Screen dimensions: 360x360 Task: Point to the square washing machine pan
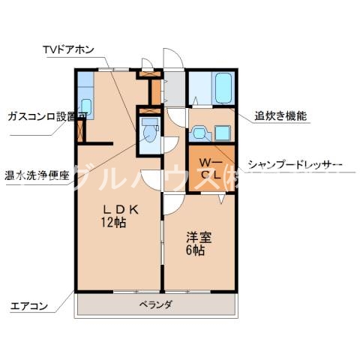coord(222,133)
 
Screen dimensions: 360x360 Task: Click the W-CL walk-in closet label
coord(208,169)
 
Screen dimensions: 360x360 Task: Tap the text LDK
coord(118,210)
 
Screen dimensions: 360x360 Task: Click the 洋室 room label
coord(199,238)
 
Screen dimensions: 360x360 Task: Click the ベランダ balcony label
coord(156,304)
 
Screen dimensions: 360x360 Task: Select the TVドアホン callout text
coord(69,51)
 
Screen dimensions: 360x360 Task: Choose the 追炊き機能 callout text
coord(281,116)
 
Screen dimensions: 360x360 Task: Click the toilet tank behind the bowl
coord(148,121)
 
